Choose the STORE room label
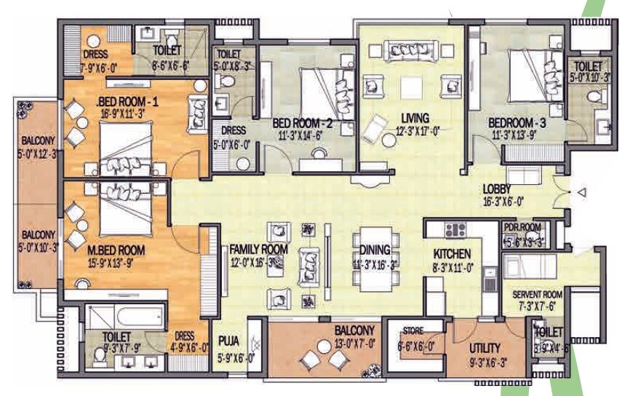coord(412,331)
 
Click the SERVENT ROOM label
coord(538,294)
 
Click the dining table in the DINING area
coord(375,253)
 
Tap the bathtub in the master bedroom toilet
coord(123,315)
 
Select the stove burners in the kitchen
coord(455,230)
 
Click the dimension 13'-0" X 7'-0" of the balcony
coord(355,341)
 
